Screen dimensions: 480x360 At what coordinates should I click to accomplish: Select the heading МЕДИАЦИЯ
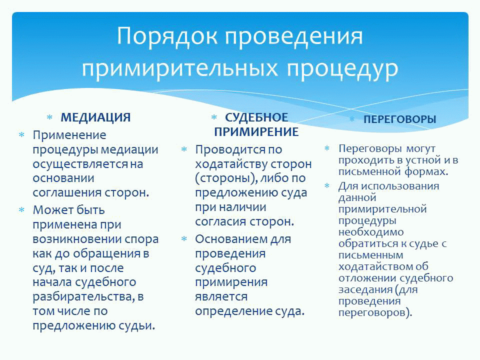point(95,117)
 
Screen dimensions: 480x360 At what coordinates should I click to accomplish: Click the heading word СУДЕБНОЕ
point(256,117)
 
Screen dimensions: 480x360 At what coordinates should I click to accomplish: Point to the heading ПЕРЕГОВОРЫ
point(400,119)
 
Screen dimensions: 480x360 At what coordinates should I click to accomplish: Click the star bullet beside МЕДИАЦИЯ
point(49,117)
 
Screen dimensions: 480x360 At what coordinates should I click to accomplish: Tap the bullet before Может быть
point(21,210)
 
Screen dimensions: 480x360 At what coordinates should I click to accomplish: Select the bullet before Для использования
point(327,186)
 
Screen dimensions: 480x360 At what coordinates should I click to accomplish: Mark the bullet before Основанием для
point(184,239)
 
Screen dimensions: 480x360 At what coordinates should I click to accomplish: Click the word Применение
point(69,135)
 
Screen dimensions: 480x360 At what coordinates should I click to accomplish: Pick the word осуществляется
point(80,164)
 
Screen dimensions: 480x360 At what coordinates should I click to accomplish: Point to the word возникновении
point(76,239)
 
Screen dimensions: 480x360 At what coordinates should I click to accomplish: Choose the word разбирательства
point(82,297)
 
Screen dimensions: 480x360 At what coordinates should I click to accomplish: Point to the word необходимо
point(371,232)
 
